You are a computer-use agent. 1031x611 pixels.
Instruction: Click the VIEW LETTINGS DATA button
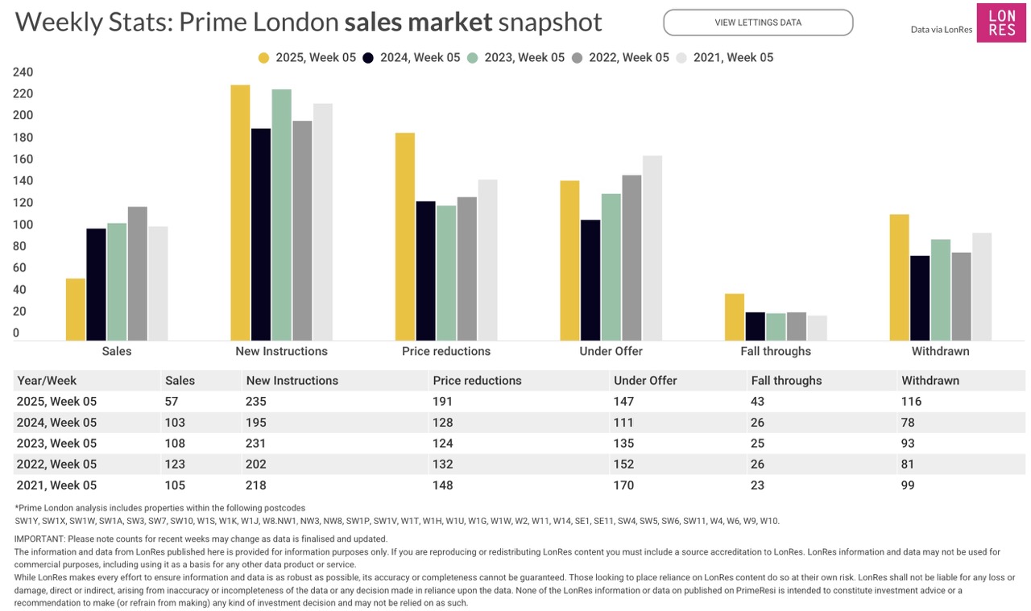click(x=757, y=23)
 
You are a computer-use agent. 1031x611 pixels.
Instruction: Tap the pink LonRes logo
click(x=1001, y=23)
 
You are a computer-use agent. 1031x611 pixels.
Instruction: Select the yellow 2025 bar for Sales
click(x=76, y=310)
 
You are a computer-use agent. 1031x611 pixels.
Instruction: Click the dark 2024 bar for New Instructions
click(x=261, y=233)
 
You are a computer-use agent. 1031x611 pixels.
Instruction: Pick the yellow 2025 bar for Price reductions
click(x=405, y=237)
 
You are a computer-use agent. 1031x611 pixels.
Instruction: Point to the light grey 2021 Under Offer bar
click(x=652, y=248)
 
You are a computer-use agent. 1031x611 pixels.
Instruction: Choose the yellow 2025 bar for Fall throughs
click(x=735, y=317)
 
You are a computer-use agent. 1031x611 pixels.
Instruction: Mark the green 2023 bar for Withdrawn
click(x=941, y=290)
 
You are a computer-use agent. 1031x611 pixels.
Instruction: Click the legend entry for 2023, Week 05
click(x=515, y=57)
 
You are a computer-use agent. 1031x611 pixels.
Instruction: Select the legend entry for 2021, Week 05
click(x=724, y=57)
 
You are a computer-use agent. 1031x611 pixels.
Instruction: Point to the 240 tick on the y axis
click(x=23, y=72)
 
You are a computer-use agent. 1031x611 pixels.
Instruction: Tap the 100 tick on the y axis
click(x=23, y=225)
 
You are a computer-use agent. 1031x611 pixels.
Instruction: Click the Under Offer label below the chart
click(x=611, y=351)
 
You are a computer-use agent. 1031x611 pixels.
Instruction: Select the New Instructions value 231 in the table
click(x=256, y=443)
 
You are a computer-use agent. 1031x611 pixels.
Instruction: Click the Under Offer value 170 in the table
click(x=623, y=485)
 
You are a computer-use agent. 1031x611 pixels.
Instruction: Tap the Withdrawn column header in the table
click(x=930, y=380)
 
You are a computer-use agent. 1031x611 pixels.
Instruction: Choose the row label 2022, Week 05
click(x=56, y=464)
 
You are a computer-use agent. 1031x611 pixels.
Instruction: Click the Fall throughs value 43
click(x=760, y=401)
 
